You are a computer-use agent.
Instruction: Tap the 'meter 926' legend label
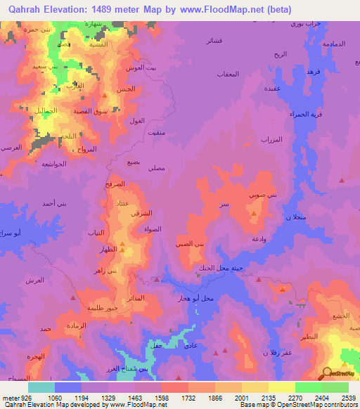pyautogui.click(x=16, y=397)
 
